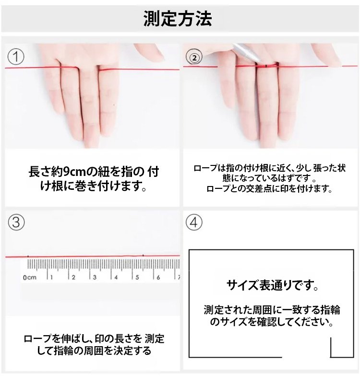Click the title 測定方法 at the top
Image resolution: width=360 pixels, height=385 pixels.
coord(178,19)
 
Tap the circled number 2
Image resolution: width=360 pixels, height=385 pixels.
coord(193,58)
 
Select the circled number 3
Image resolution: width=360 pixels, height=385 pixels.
coord(16,222)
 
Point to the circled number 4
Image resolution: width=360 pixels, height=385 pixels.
coord(193,222)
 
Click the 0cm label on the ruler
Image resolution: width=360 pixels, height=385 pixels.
coord(29,277)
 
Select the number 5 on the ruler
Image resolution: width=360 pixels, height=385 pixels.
coord(136,277)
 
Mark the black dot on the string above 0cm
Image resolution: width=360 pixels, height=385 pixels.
coord(28,257)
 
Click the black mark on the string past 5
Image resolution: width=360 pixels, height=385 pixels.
coord(143,256)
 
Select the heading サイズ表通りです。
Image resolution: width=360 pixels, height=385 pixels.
coord(272,286)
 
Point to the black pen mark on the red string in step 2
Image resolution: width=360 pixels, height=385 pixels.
coord(265,65)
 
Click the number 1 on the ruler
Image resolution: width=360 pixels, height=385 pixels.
coord(52,277)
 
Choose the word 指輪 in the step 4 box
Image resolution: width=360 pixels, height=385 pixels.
coord(330,310)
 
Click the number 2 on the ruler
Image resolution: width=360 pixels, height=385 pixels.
coord(73,277)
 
